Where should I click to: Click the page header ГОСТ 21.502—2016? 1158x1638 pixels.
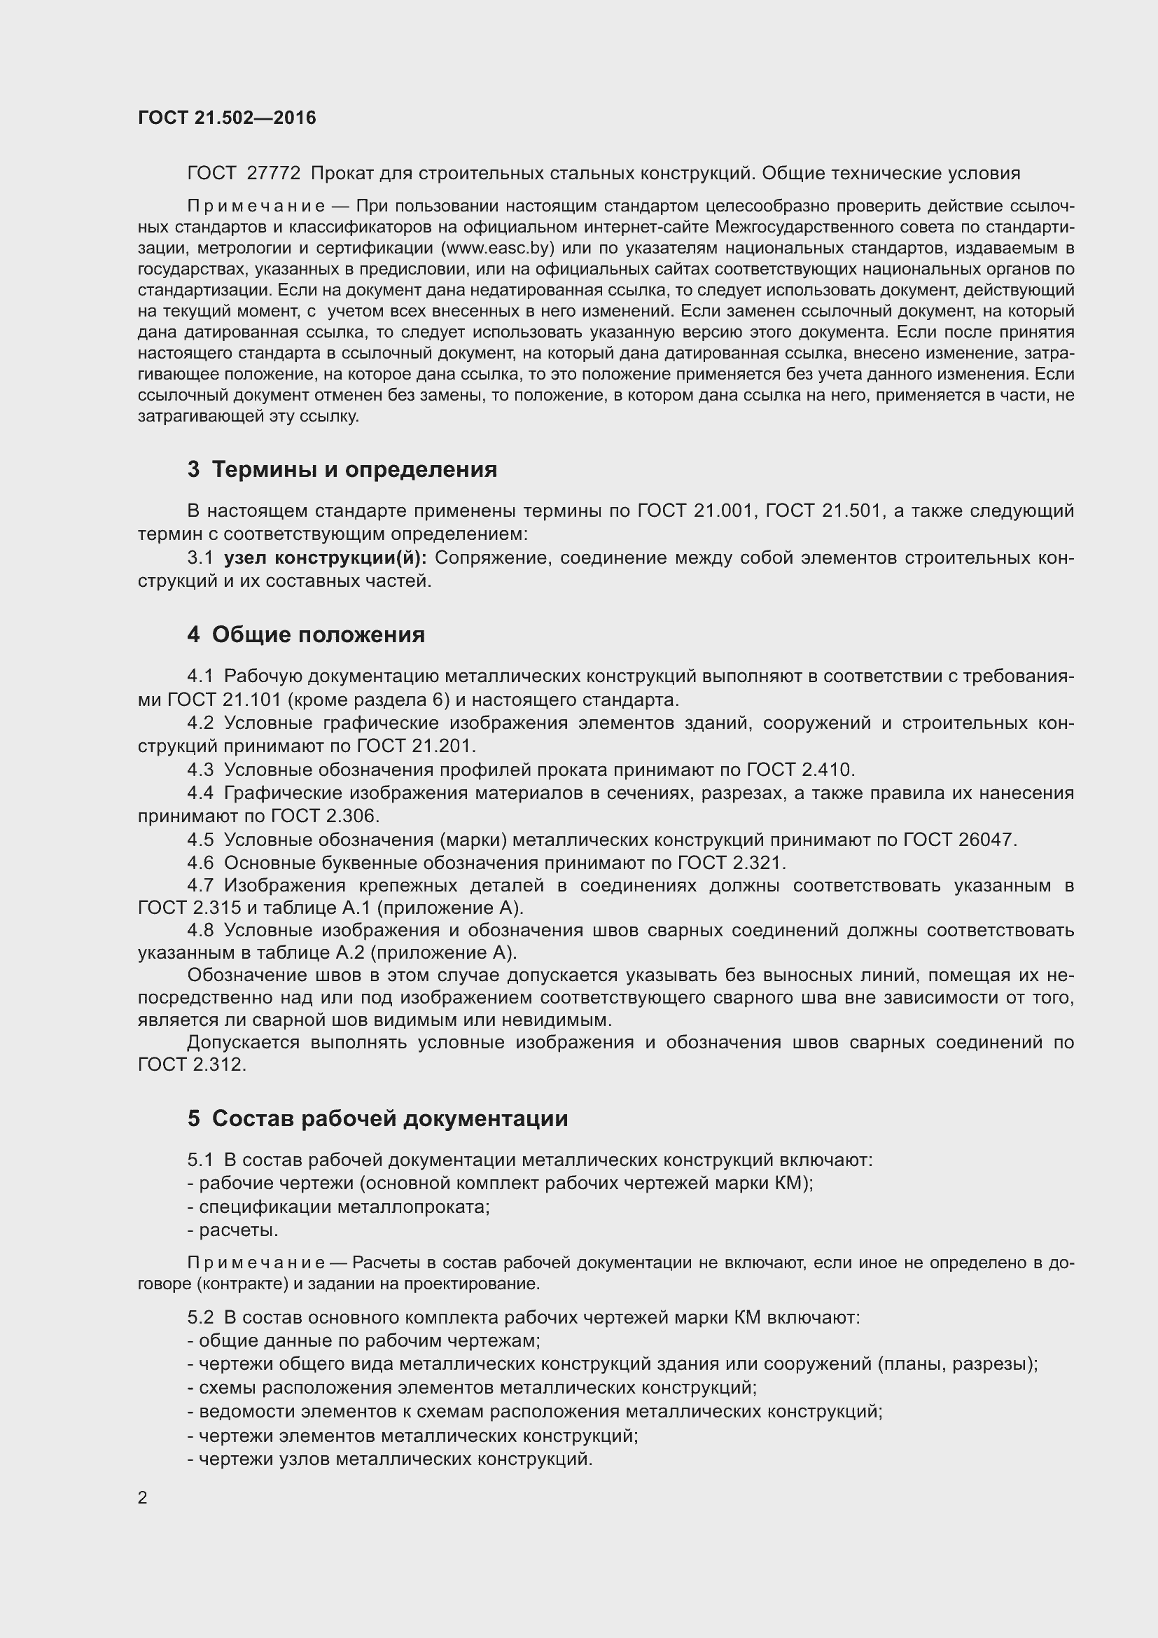pos(227,118)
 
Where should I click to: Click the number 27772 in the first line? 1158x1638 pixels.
pos(273,174)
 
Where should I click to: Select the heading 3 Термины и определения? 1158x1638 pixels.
pos(342,469)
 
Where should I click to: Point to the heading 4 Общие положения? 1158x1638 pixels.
pos(306,634)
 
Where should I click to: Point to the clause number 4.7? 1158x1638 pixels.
pos(200,886)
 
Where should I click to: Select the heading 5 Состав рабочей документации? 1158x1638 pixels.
pos(378,1118)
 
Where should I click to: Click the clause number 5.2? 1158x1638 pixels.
pos(200,1318)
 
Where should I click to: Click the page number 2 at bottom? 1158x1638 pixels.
pos(143,1498)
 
